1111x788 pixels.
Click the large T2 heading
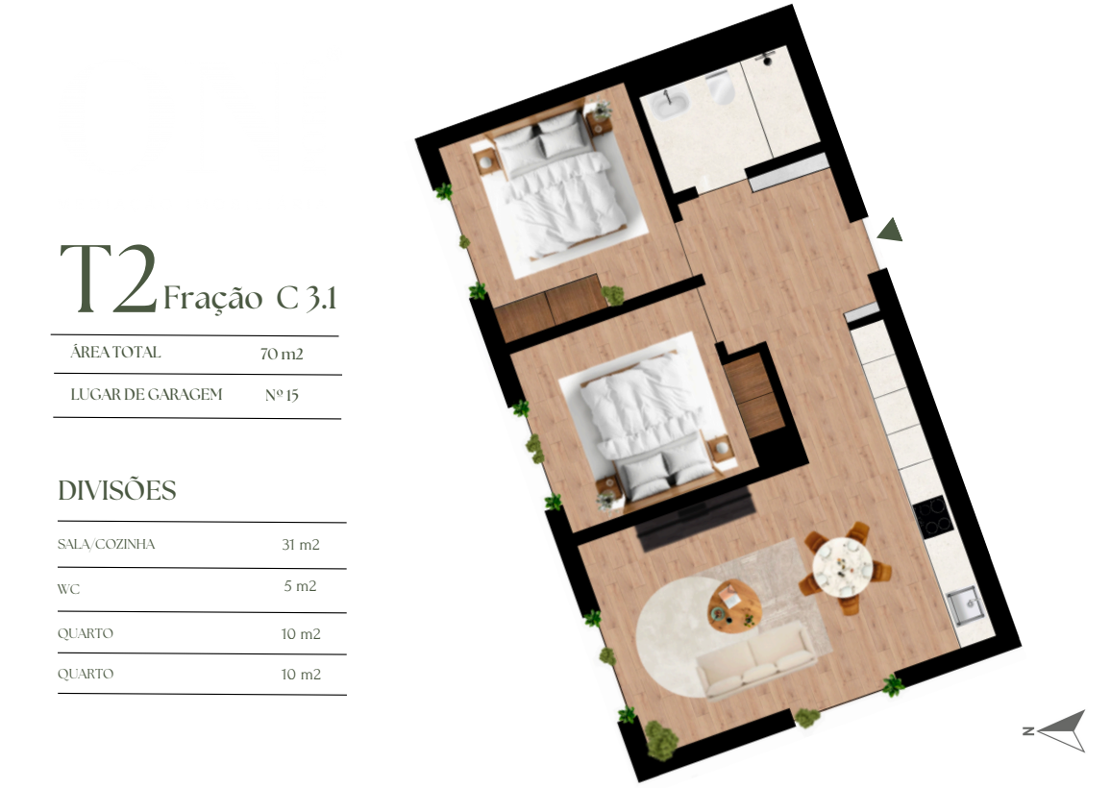click(109, 278)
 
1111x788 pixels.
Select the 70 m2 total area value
click(282, 354)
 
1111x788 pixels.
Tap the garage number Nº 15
click(282, 395)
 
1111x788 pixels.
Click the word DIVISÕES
click(117, 490)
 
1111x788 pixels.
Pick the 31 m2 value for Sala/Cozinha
click(301, 544)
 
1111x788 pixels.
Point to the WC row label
click(69, 589)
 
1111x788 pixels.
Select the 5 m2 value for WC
click(300, 586)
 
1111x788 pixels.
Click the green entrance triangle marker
click(891, 231)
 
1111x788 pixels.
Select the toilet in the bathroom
click(721, 87)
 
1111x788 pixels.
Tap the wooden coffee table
click(735, 605)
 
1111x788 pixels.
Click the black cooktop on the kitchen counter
click(932, 517)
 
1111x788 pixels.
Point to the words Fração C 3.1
click(250, 298)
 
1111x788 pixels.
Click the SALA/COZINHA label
click(107, 544)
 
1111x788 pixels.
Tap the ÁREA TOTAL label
click(115, 352)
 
